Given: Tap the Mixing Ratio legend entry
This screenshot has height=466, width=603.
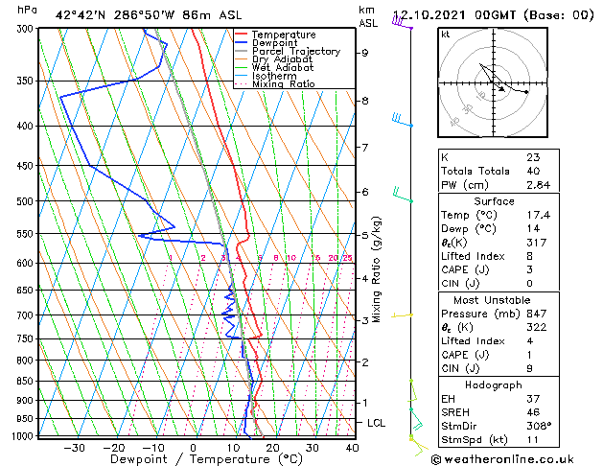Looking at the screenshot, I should [x=283, y=83].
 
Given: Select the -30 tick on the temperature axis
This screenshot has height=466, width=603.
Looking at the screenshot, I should [x=73, y=447].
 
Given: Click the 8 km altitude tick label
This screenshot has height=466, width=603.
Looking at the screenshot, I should [x=364, y=101].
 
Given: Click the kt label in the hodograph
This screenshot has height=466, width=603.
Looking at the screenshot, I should [x=446, y=34].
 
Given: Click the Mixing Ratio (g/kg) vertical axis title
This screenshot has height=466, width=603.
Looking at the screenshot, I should [x=377, y=269].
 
